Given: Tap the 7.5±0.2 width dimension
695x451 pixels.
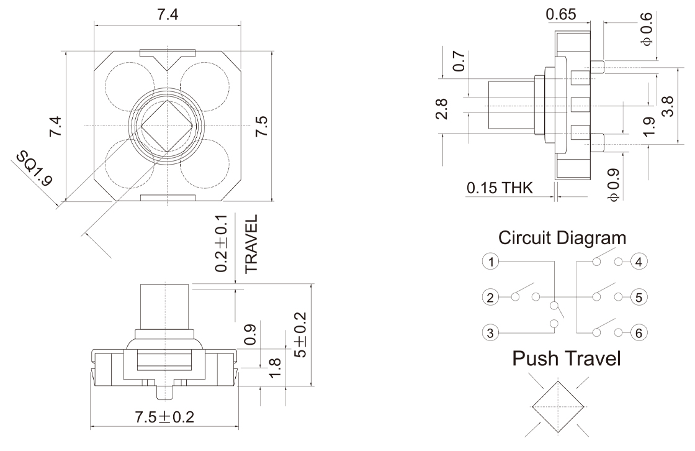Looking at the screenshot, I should (164, 417).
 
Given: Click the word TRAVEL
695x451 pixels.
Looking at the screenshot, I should (251, 245).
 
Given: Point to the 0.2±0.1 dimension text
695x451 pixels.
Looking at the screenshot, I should (222, 244).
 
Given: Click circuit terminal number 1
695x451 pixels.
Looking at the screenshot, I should (491, 262).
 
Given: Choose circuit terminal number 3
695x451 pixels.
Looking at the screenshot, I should (491, 333).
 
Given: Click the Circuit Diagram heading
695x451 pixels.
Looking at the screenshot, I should (562, 238).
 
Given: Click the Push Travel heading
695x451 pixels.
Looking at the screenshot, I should (565, 358).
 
